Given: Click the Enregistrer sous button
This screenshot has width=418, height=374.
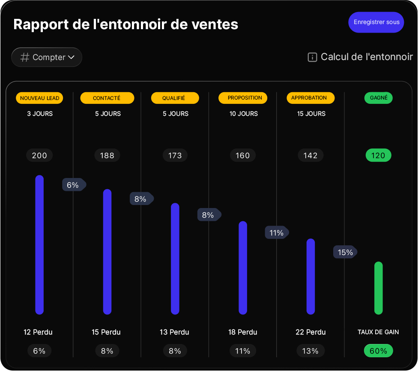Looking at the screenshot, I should [x=376, y=22].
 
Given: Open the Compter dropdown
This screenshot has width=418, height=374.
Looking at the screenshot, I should [x=47, y=57].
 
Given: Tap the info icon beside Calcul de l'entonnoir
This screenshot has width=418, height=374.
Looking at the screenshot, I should [x=312, y=57].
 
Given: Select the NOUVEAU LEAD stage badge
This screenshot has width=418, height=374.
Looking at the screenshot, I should [x=39, y=98].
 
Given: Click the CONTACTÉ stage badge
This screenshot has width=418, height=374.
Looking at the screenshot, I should [x=107, y=98].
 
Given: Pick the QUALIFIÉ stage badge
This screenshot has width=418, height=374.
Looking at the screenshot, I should [x=175, y=98].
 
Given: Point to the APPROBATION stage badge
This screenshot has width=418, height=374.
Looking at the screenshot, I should [x=310, y=98].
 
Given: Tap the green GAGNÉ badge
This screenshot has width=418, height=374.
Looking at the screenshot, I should [x=378, y=98].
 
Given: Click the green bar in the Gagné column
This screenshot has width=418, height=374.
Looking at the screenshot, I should [x=378, y=288].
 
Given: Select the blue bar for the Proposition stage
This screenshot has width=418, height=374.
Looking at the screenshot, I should [x=243, y=268].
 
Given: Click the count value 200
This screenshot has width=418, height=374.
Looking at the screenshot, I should [x=39, y=155].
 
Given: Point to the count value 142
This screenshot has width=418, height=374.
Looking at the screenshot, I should [x=310, y=155].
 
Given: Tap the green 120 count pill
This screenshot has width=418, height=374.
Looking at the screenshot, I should [x=378, y=155].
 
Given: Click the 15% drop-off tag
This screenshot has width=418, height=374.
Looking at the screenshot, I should [x=345, y=252].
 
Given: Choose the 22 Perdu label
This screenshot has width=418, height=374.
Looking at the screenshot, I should [x=311, y=332].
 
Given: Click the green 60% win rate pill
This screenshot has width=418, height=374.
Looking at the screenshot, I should [x=378, y=351].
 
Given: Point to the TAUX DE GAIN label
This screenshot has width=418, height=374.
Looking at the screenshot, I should [x=378, y=332].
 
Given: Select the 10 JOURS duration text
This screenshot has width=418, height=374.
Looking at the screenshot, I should [x=243, y=114].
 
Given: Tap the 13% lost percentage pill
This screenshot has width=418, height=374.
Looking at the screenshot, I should [x=310, y=351].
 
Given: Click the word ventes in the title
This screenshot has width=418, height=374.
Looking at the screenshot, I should [x=217, y=24].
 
